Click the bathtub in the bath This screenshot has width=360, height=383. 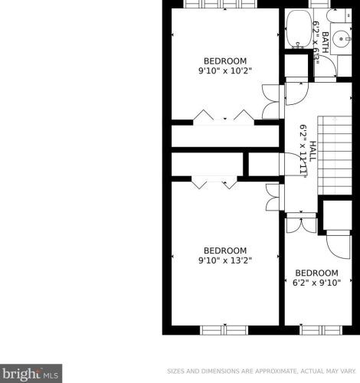pos(299,29)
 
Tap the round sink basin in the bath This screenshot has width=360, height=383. pos(342,39)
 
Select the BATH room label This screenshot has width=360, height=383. pos(325,42)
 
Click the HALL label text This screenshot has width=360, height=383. pos(313,151)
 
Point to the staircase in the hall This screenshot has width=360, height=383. pos(335,155)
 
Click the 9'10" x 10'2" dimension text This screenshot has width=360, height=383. pos(225,70)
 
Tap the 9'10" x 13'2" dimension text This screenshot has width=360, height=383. pos(225,260)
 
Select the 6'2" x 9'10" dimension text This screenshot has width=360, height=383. pos(316,283)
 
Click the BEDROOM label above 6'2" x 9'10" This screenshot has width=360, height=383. pos(316,273)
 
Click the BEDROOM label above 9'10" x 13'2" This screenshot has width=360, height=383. pos(225,250)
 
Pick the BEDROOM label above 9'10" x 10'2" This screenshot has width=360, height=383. pos(225,61)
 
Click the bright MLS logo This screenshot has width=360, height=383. pos(31,373)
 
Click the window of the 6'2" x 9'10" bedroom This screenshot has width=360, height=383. pos(321,330)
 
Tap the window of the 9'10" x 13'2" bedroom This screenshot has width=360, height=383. pos(224,330)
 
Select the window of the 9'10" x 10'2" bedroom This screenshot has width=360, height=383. pos(221,4)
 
